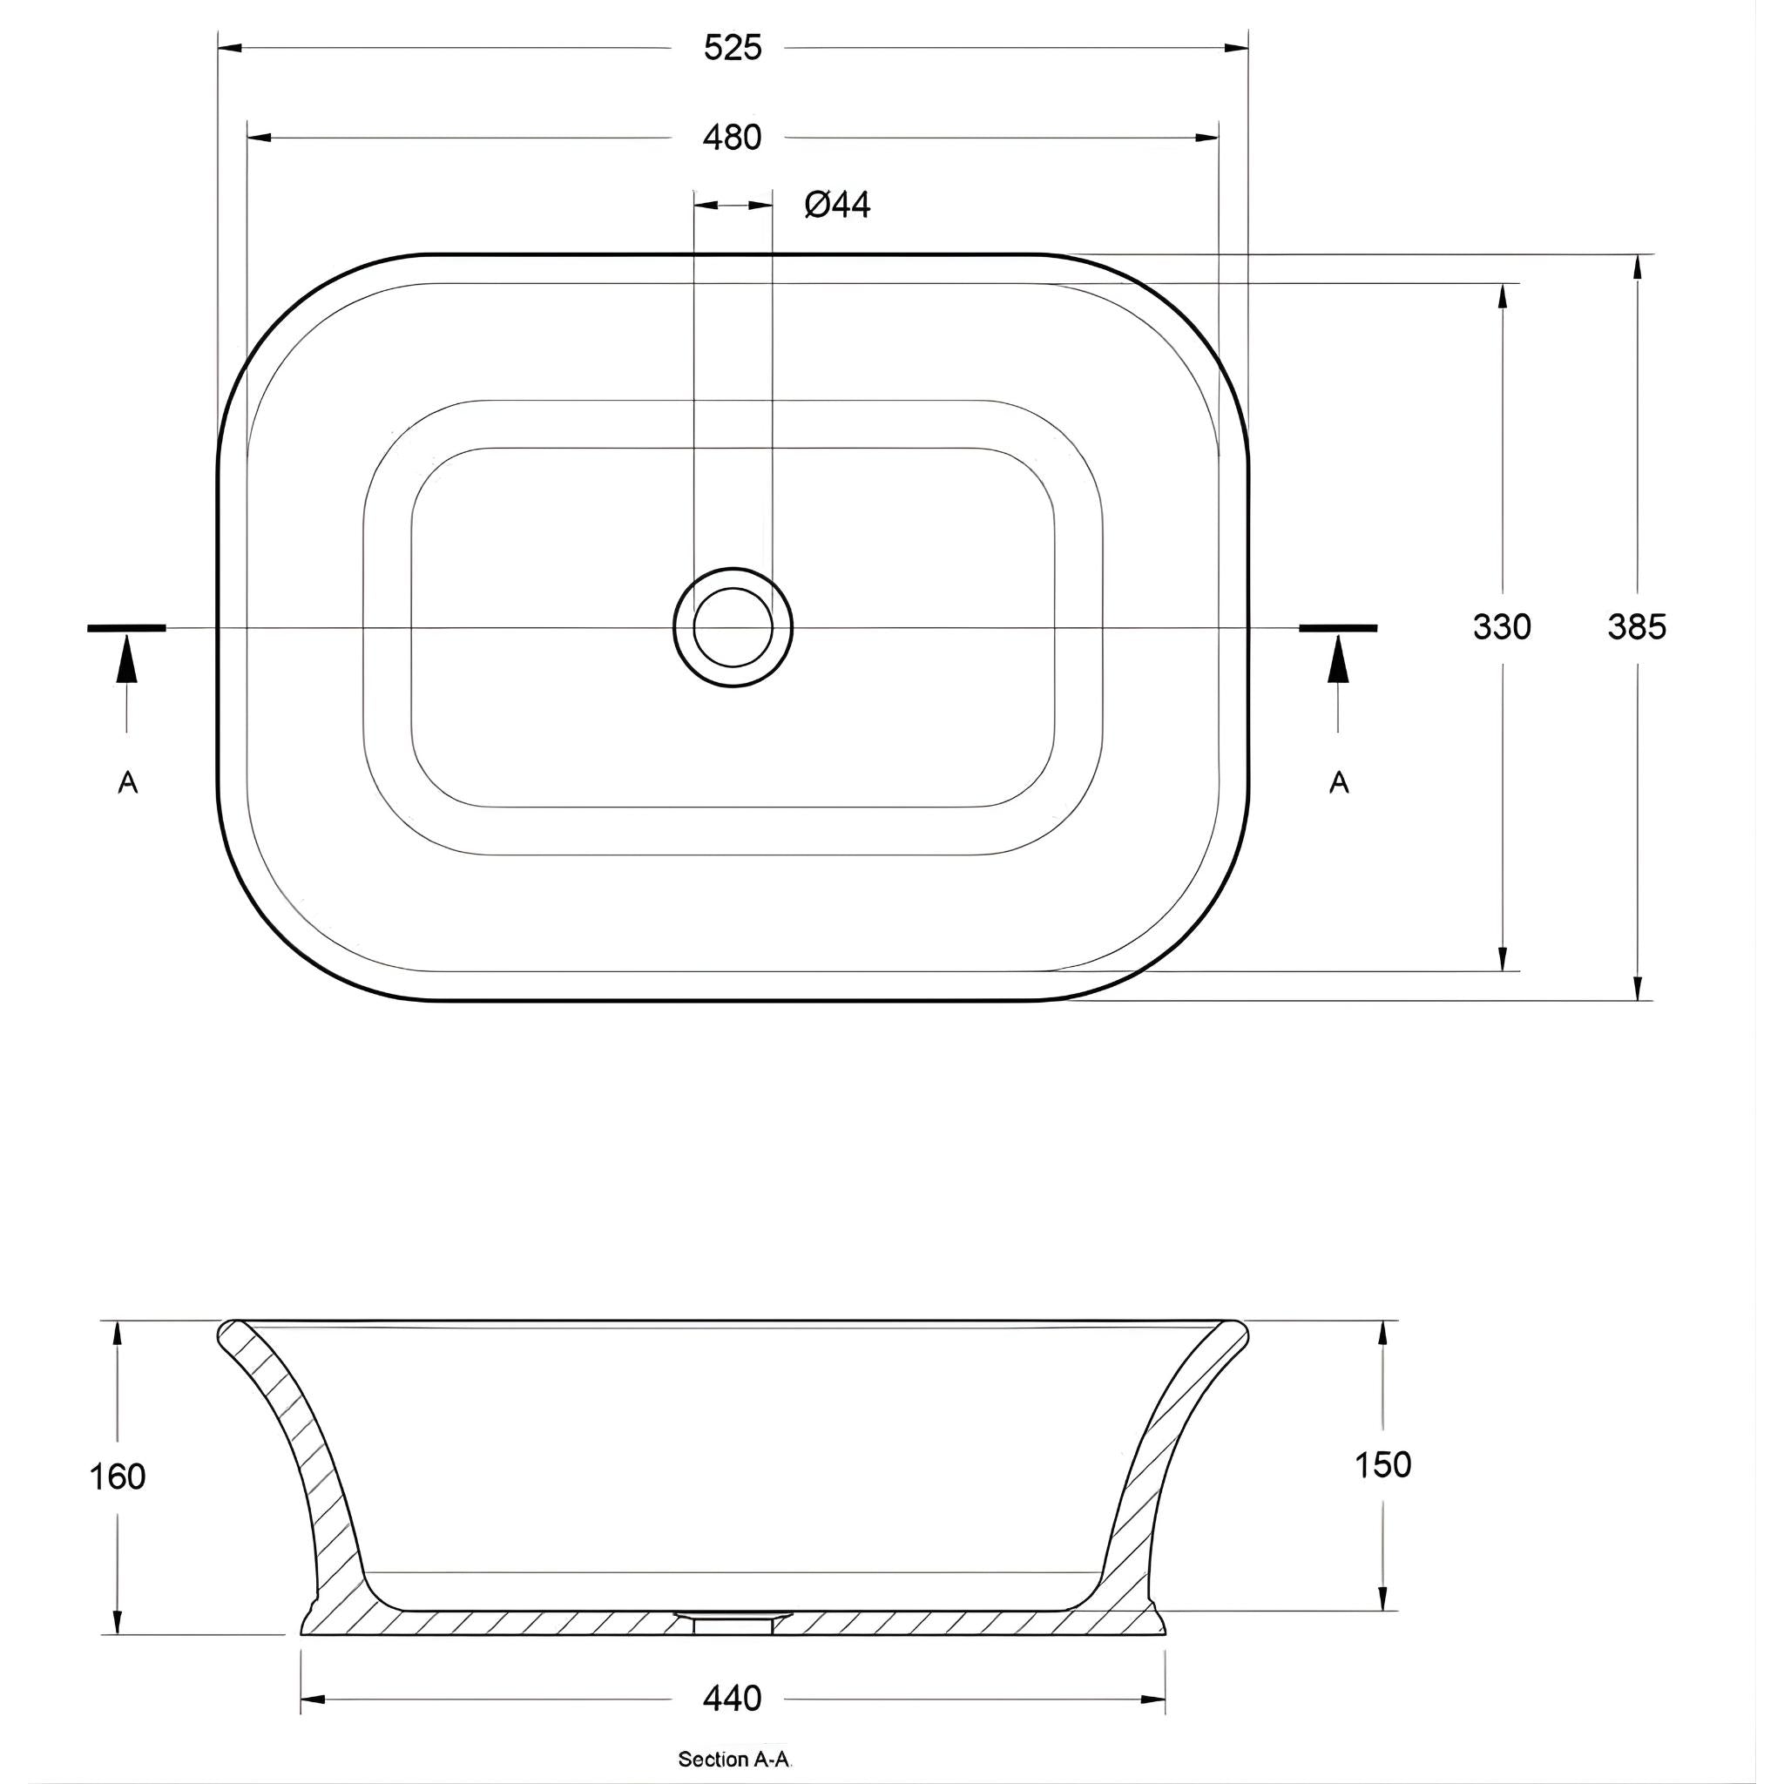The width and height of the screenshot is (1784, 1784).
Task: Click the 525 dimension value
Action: [733, 48]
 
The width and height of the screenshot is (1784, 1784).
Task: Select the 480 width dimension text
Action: [733, 138]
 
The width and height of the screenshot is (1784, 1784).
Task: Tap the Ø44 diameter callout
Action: [836, 204]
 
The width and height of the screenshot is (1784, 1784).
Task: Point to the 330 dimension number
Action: [1502, 627]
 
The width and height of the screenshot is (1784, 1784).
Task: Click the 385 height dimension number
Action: [1636, 627]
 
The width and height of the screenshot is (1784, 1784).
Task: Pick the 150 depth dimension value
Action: [1382, 1464]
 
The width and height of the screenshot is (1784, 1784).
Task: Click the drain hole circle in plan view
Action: [733, 628]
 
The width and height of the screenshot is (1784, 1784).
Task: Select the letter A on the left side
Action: [127, 783]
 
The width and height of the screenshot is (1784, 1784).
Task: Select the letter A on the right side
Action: [1339, 783]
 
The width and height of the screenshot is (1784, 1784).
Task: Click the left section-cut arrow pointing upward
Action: [127, 660]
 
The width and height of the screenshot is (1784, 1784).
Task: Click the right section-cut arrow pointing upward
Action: [1338, 660]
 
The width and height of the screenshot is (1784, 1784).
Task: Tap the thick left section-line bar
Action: [126, 628]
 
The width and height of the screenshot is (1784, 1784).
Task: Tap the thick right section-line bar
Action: [1338, 628]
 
